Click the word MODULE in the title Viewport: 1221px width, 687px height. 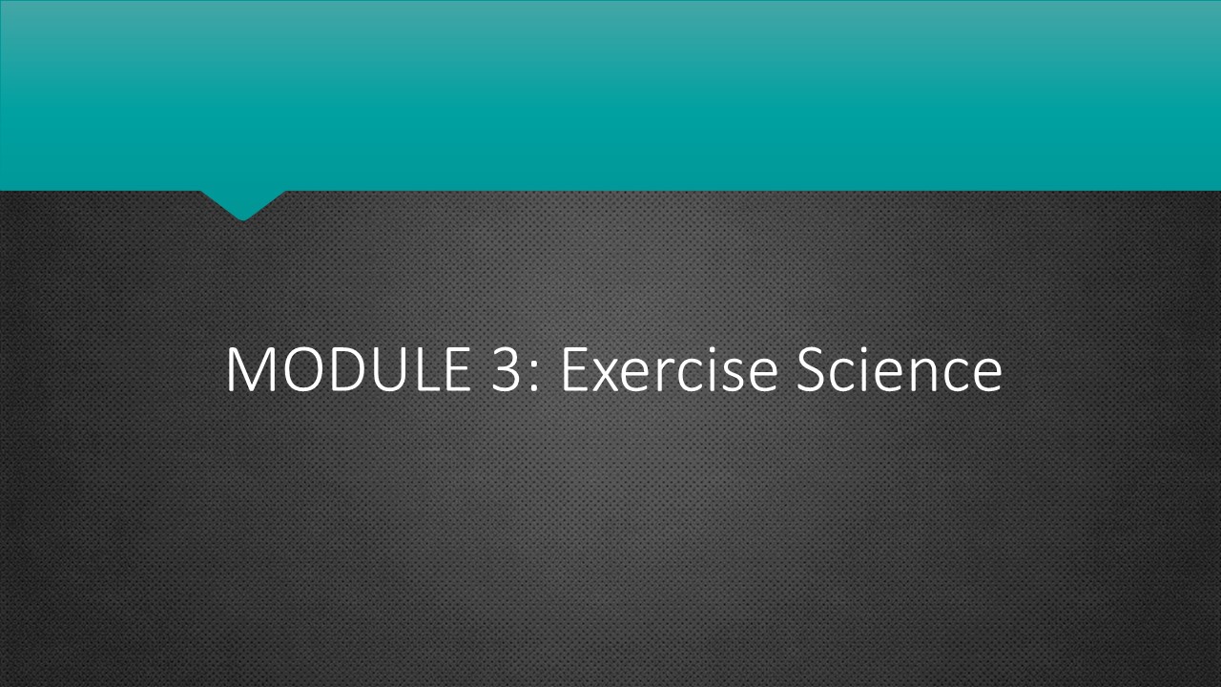(348, 370)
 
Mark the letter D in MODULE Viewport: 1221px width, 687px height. (357, 370)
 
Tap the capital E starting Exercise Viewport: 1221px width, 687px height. (575, 370)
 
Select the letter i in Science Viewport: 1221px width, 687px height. (870, 370)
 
